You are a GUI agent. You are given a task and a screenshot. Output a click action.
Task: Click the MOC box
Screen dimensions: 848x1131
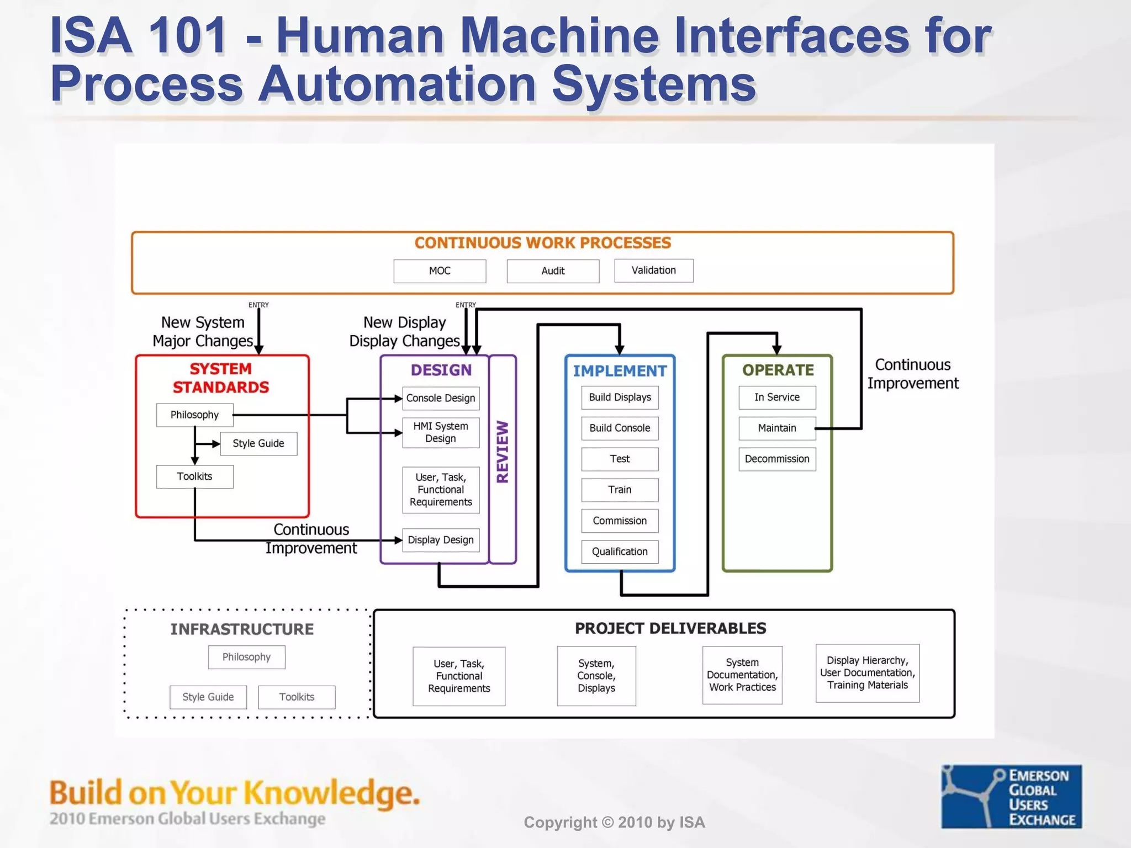[x=440, y=271]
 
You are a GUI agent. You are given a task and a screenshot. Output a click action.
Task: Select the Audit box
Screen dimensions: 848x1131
[x=553, y=271]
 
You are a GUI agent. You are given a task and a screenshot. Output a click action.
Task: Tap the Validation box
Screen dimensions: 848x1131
[x=653, y=271]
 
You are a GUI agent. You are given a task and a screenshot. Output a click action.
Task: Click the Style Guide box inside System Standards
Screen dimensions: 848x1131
[x=258, y=443]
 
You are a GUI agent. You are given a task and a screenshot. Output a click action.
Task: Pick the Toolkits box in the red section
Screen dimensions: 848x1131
[x=194, y=476]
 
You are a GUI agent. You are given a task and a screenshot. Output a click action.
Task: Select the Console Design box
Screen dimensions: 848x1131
[x=441, y=398]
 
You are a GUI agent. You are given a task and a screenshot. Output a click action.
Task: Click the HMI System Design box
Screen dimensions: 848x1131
[x=441, y=432]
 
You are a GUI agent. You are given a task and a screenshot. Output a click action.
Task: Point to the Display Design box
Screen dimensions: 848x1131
[x=441, y=540]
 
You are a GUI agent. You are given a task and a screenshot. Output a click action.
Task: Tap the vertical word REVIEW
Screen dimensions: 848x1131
[x=503, y=452]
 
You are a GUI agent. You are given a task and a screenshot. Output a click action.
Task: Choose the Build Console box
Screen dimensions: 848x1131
[x=620, y=428]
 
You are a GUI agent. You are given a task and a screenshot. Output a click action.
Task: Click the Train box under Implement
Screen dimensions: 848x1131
[x=620, y=490]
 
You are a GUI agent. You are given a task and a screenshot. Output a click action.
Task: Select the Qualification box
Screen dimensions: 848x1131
[x=620, y=552]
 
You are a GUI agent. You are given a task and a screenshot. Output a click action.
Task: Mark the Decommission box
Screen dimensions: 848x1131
[x=777, y=459]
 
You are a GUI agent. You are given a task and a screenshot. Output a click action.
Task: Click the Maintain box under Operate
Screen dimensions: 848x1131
[x=777, y=428]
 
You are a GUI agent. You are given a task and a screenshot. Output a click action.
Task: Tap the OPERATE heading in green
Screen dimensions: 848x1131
[x=778, y=370]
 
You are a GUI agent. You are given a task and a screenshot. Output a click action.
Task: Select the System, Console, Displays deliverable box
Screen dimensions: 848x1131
[x=596, y=676]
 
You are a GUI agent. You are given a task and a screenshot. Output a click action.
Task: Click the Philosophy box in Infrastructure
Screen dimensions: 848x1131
[x=246, y=657]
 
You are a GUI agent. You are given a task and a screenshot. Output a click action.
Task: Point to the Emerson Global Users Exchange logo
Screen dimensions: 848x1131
[x=1011, y=796]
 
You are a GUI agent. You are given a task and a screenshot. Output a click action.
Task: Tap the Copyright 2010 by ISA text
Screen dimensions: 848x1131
[x=614, y=823]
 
